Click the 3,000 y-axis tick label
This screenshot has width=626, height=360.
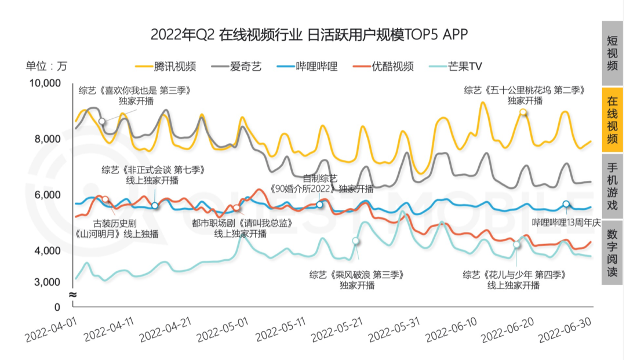pyautogui.click(x=49, y=282)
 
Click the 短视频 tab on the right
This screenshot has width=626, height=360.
pyautogui.click(x=612, y=53)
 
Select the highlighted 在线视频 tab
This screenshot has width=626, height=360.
pyautogui.click(x=612, y=119)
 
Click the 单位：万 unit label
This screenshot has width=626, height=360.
pyautogui.click(x=46, y=66)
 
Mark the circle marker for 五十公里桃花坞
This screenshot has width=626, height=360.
pyautogui.click(x=523, y=112)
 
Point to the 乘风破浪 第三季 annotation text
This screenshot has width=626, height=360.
pyautogui.click(x=356, y=274)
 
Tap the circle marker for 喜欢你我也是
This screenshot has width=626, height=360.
pyautogui.click(x=102, y=121)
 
